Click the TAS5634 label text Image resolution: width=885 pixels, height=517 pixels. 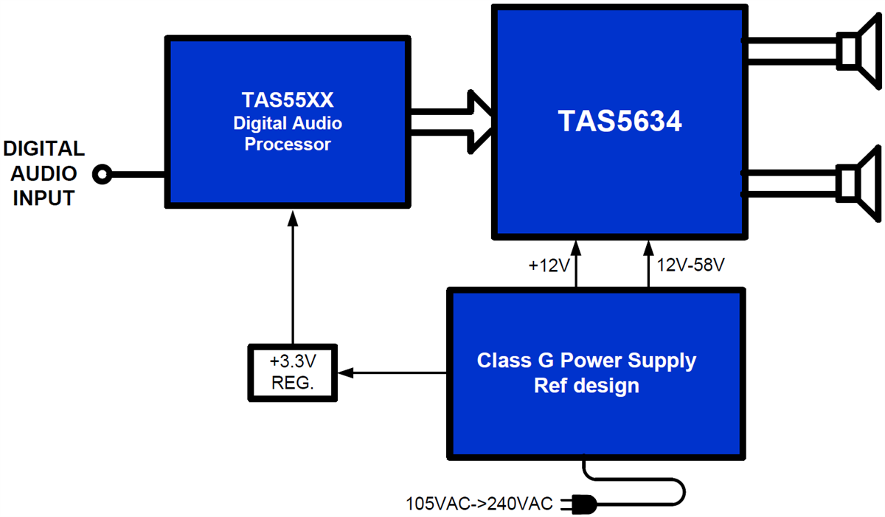click(x=619, y=122)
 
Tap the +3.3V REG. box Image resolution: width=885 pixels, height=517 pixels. click(x=291, y=372)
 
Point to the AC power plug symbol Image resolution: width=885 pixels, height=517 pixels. click(x=579, y=504)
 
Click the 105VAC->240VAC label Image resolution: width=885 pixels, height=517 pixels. click(x=479, y=504)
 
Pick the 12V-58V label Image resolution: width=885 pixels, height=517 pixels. click(x=690, y=265)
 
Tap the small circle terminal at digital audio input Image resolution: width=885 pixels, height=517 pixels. click(x=103, y=175)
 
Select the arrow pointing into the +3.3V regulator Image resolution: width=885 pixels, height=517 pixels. click(x=347, y=373)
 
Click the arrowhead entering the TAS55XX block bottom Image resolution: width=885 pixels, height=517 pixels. click(x=292, y=217)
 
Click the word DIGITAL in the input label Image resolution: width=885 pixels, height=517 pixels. click(x=44, y=150)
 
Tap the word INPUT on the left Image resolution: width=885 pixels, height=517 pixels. click(x=44, y=198)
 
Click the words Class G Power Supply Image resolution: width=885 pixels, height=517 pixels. click(x=586, y=361)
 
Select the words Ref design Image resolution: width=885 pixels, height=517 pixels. click(x=586, y=385)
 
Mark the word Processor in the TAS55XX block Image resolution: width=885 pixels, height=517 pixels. click(x=288, y=145)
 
